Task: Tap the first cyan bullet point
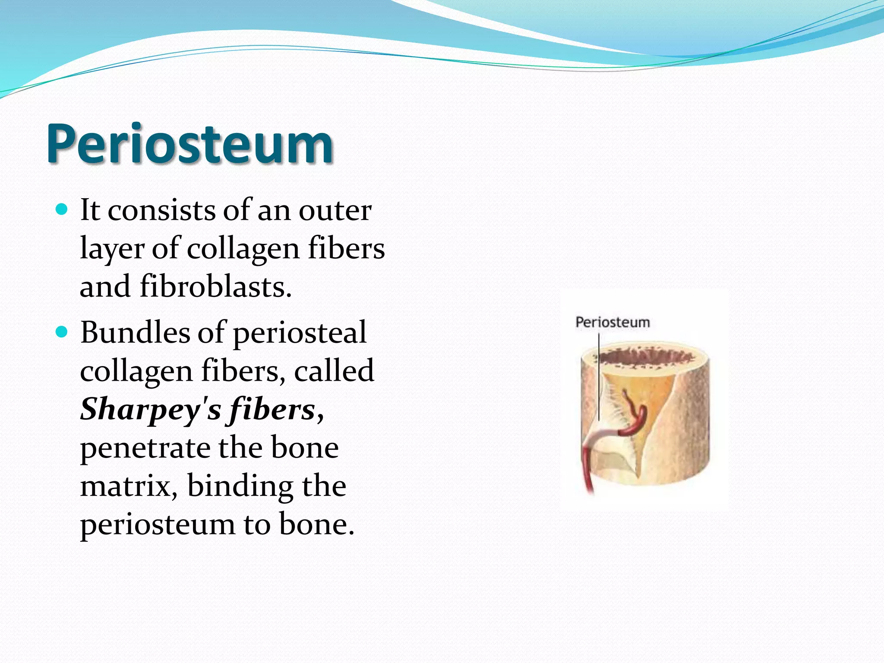(x=62, y=210)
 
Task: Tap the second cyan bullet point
(x=62, y=332)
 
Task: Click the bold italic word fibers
(x=272, y=409)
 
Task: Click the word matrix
(x=129, y=486)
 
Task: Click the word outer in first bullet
(x=335, y=210)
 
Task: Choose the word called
(x=334, y=371)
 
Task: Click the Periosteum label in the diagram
(x=612, y=322)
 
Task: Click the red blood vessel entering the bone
(x=587, y=470)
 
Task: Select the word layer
(x=112, y=249)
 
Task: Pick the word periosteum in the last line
(x=158, y=524)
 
